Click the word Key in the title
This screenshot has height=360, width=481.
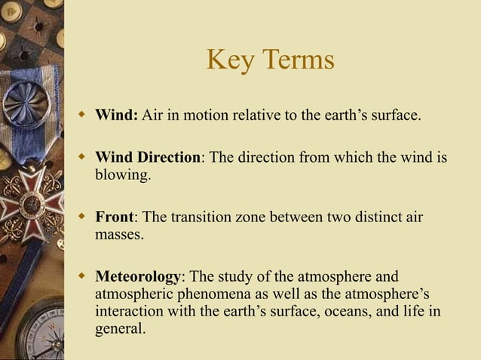click(227, 60)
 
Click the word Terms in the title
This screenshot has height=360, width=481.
click(295, 60)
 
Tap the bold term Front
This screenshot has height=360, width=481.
click(114, 218)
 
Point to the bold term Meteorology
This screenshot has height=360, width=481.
click(138, 276)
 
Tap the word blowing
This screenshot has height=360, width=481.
click(122, 175)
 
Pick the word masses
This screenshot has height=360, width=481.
click(119, 235)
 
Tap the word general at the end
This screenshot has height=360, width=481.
click(118, 328)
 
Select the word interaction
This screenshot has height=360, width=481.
click(131, 311)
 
